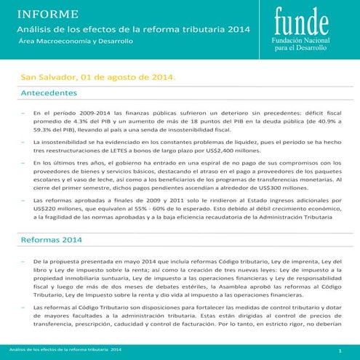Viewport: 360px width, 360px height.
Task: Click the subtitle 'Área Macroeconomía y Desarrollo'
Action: (x=76, y=41)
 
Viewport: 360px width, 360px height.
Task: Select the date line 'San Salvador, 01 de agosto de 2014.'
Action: (x=97, y=77)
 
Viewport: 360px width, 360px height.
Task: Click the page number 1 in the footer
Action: (x=340, y=351)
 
